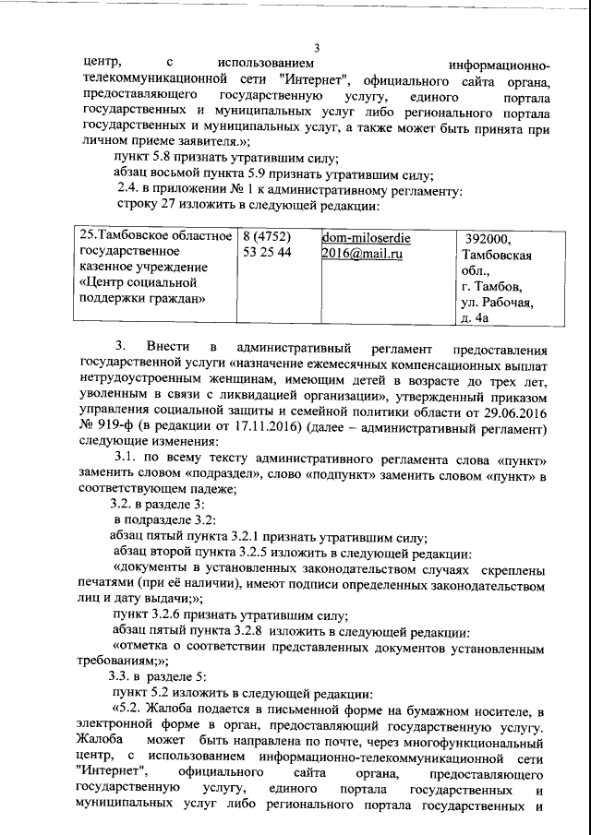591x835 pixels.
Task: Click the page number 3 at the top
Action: [x=317, y=49]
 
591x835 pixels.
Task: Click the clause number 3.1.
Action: [x=128, y=459]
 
